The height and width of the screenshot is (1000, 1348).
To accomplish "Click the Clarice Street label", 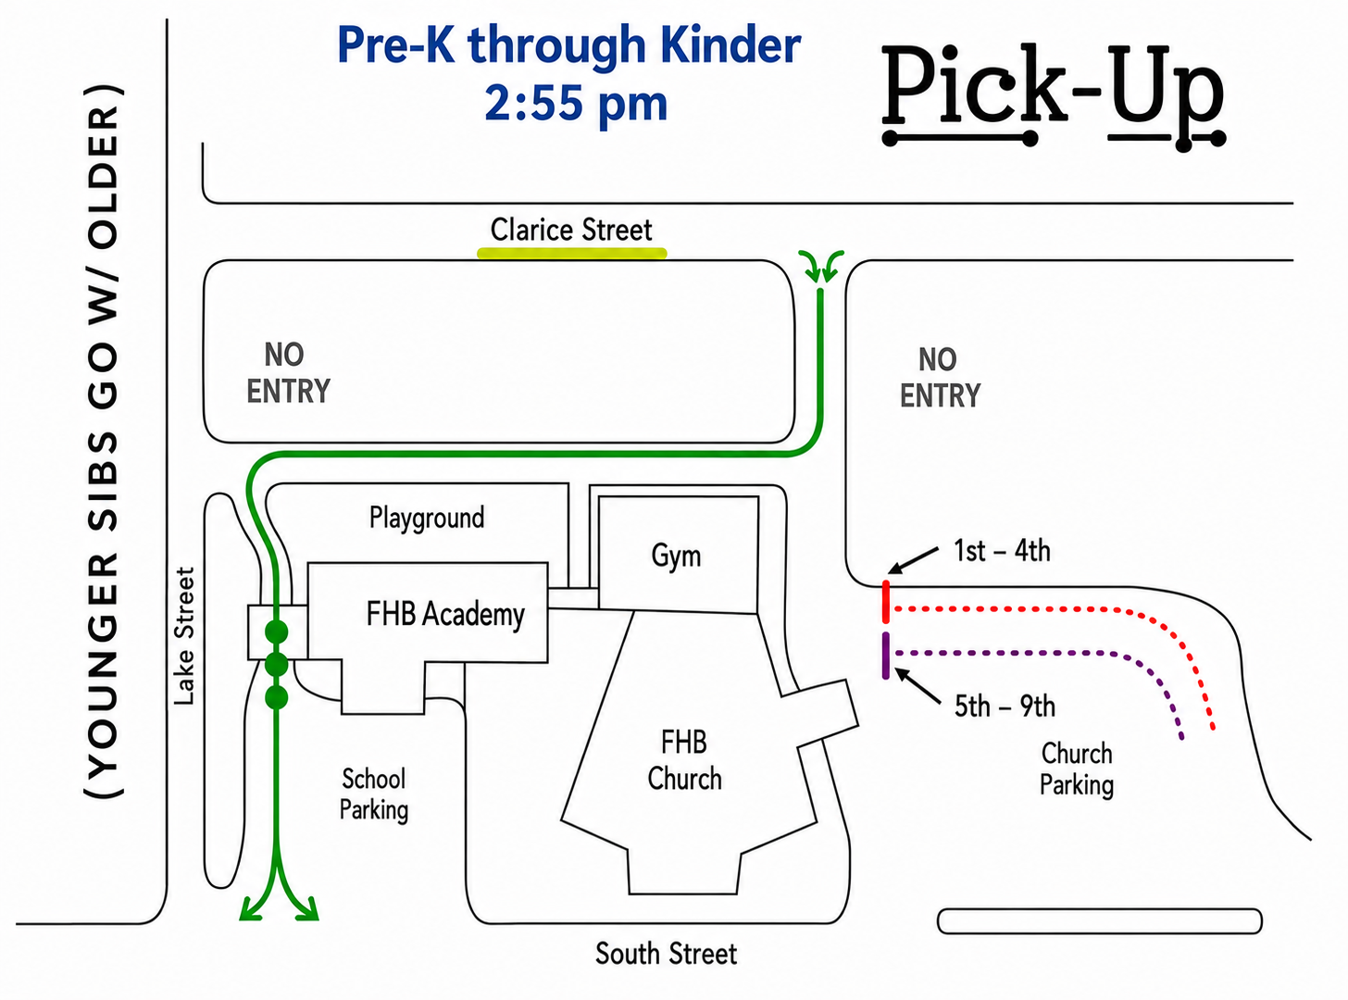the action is pyautogui.click(x=570, y=230).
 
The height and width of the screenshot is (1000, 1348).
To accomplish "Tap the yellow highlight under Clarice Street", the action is pyautogui.click(x=571, y=253).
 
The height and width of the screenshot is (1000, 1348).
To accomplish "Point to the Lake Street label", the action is pyautogui.click(x=184, y=636).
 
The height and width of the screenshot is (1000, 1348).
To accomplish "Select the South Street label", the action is pyautogui.click(x=666, y=953).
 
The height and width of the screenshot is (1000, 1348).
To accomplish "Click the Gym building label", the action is pyautogui.click(x=676, y=556).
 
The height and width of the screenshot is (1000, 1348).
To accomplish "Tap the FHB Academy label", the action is pyautogui.click(x=445, y=614).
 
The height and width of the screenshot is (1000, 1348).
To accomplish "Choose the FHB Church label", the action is pyautogui.click(x=684, y=760).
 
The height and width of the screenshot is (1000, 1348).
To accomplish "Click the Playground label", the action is pyautogui.click(x=427, y=518).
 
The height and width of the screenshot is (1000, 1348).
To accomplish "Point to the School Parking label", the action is pyautogui.click(x=373, y=794).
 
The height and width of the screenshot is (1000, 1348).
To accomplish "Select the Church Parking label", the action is pyautogui.click(x=1077, y=769).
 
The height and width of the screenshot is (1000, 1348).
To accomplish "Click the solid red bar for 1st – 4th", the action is pyautogui.click(x=885, y=602).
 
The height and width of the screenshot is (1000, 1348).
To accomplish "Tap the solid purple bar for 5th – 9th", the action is pyautogui.click(x=885, y=656).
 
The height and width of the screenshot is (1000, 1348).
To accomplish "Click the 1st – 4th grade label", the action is pyautogui.click(x=1002, y=551).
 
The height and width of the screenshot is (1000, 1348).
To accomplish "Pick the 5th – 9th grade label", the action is pyautogui.click(x=1005, y=706).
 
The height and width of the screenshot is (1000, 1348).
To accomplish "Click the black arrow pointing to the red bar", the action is pyautogui.click(x=914, y=560).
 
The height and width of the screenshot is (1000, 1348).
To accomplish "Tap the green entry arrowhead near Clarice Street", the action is pyautogui.click(x=821, y=267).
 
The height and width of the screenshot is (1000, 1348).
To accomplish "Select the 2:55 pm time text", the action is pyautogui.click(x=576, y=104).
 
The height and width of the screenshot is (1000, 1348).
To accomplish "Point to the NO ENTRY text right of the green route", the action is pyautogui.click(x=940, y=378).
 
